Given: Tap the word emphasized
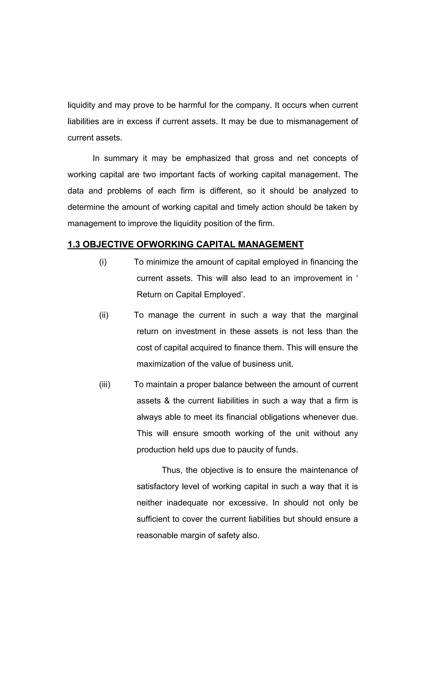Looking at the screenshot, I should (208, 158).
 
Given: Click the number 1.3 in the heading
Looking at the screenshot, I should (74, 244).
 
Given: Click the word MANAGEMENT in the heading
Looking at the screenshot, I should (270, 244).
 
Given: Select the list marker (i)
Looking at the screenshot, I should (103, 262).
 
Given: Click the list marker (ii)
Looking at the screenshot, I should (104, 315).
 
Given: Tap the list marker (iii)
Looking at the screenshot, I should (105, 384).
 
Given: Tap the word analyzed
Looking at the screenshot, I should (329, 191).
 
